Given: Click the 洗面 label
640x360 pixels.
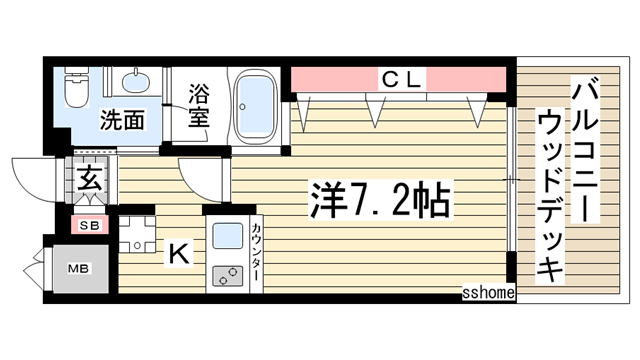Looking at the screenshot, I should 122,120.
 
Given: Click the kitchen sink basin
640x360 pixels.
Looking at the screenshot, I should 227,236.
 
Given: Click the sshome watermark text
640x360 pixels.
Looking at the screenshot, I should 487,293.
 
